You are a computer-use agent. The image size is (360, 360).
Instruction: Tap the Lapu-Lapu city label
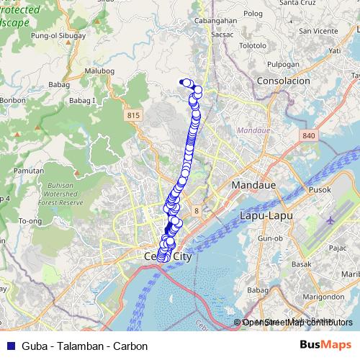pyautogui.click(x=264, y=215)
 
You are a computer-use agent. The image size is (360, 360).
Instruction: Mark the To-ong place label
pyautogui.click(x=30, y=220)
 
